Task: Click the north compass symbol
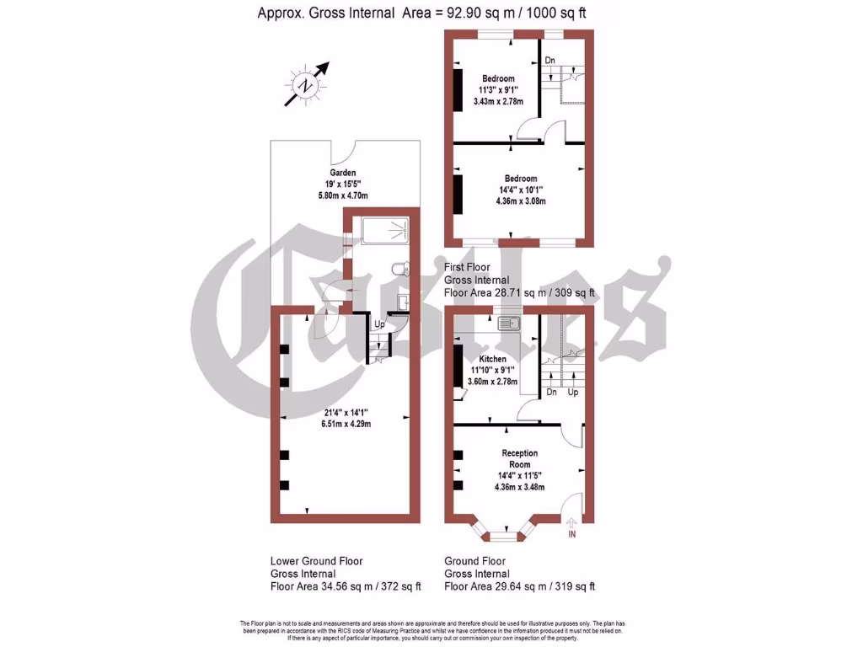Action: pos(306,84)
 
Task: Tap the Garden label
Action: pos(343,173)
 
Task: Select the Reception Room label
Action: pos(519,459)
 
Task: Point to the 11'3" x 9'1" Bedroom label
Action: pos(498,79)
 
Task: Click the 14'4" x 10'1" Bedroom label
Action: pos(521,179)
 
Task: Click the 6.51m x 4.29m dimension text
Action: pos(347,424)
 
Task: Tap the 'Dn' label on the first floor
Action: pos(549,61)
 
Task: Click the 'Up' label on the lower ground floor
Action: pos(379,324)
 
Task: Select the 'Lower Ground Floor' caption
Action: pos(317,560)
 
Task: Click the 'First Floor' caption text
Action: pos(466,267)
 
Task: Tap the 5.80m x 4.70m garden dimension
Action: pos(343,195)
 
